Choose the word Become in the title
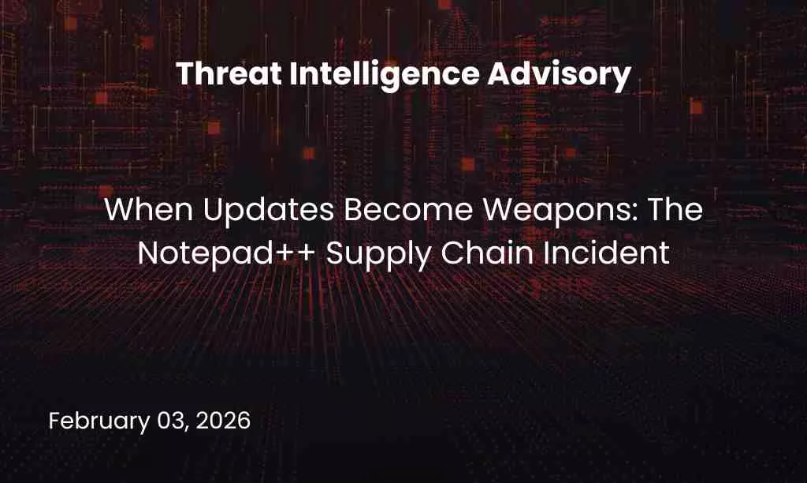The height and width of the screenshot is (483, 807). coord(364,211)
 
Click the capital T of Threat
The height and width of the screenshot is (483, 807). coord(184,75)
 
